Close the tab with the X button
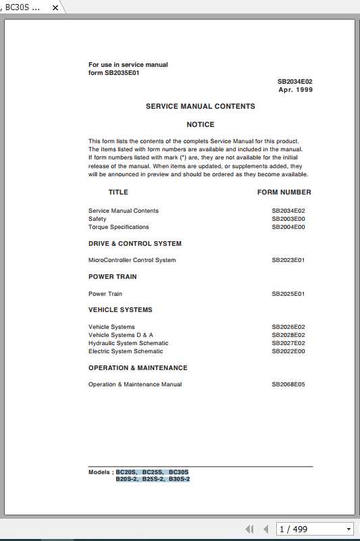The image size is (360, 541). [x=55, y=7]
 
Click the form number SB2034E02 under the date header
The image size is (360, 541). [x=295, y=81]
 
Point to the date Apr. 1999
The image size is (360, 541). [x=296, y=89]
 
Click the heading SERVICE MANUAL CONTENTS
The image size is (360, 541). [x=201, y=106]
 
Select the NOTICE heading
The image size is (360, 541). [x=201, y=124]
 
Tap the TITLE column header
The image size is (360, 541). [x=118, y=192]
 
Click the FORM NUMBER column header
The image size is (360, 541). [x=284, y=192]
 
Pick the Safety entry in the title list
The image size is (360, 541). [x=97, y=219]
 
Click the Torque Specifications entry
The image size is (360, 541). [x=119, y=227]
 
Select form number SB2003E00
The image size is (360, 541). [x=288, y=219]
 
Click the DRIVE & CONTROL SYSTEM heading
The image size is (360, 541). [x=135, y=243]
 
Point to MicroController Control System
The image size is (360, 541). [x=132, y=260]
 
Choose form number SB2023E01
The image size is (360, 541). [x=288, y=260]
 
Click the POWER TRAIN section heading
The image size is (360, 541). [x=113, y=276]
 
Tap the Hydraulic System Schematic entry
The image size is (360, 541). [x=128, y=343]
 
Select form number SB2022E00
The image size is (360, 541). [x=288, y=351]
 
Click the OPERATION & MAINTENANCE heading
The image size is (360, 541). [x=138, y=368]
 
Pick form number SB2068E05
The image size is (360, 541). [x=288, y=384]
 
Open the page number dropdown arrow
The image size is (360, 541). [x=349, y=529]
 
